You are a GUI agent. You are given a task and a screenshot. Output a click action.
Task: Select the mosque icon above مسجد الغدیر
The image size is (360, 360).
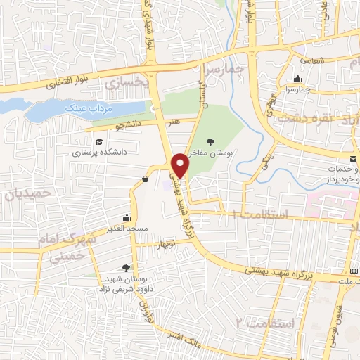(126, 217)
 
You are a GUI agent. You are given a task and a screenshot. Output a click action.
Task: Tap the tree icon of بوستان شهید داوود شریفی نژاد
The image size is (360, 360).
(125, 267)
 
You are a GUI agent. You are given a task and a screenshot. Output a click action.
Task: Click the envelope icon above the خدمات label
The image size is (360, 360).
(352, 159)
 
